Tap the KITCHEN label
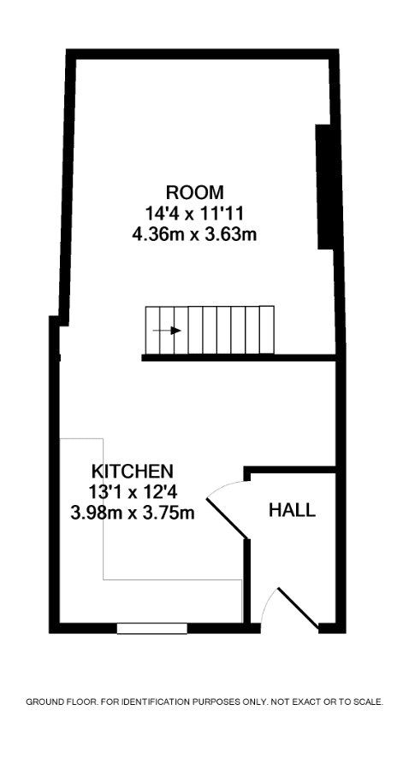(x=133, y=471)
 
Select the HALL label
(x=292, y=511)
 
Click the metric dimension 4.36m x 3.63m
(x=194, y=233)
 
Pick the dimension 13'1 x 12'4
(x=133, y=492)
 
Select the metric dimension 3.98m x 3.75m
(x=133, y=513)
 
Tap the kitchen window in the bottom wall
(x=151, y=629)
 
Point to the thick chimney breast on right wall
(x=324, y=186)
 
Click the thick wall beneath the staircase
(x=240, y=358)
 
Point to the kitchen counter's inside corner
(x=104, y=579)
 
